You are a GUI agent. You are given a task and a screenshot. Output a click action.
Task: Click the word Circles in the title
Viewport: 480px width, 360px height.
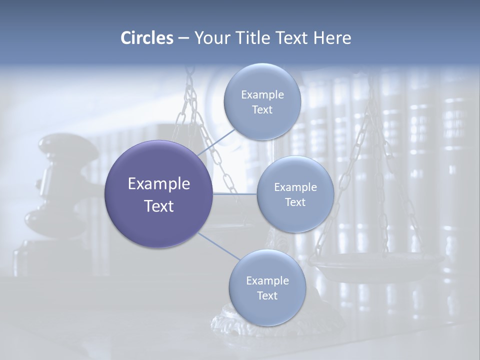click(x=146, y=38)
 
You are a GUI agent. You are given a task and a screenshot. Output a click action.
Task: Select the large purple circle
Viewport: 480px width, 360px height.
click(x=158, y=194)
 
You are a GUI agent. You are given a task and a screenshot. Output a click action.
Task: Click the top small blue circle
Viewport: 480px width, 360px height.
click(x=262, y=101)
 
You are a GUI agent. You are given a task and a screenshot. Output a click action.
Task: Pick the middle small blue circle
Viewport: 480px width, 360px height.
click(x=295, y=194)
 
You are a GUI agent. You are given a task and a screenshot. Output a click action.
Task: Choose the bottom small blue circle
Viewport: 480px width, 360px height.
click(x=267, y=287)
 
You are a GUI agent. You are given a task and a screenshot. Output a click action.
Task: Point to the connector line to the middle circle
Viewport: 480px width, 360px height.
click(x=235, y=194)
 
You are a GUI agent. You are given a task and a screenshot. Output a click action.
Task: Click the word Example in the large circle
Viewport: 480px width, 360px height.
click(x=158, y=184)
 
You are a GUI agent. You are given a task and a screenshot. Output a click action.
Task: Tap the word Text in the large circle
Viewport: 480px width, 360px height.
click(x=158, y=206)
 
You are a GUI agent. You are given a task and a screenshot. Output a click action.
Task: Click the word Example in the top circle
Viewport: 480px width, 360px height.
click(x=262, y=94)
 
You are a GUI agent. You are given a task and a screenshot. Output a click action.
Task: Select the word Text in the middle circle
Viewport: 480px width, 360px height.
click(x=295, y=202)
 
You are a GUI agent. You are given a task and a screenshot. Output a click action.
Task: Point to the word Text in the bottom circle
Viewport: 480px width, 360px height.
click(x=267, y=295)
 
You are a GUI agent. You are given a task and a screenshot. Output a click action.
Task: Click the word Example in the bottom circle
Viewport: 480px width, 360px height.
click(x=267, y=280)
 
